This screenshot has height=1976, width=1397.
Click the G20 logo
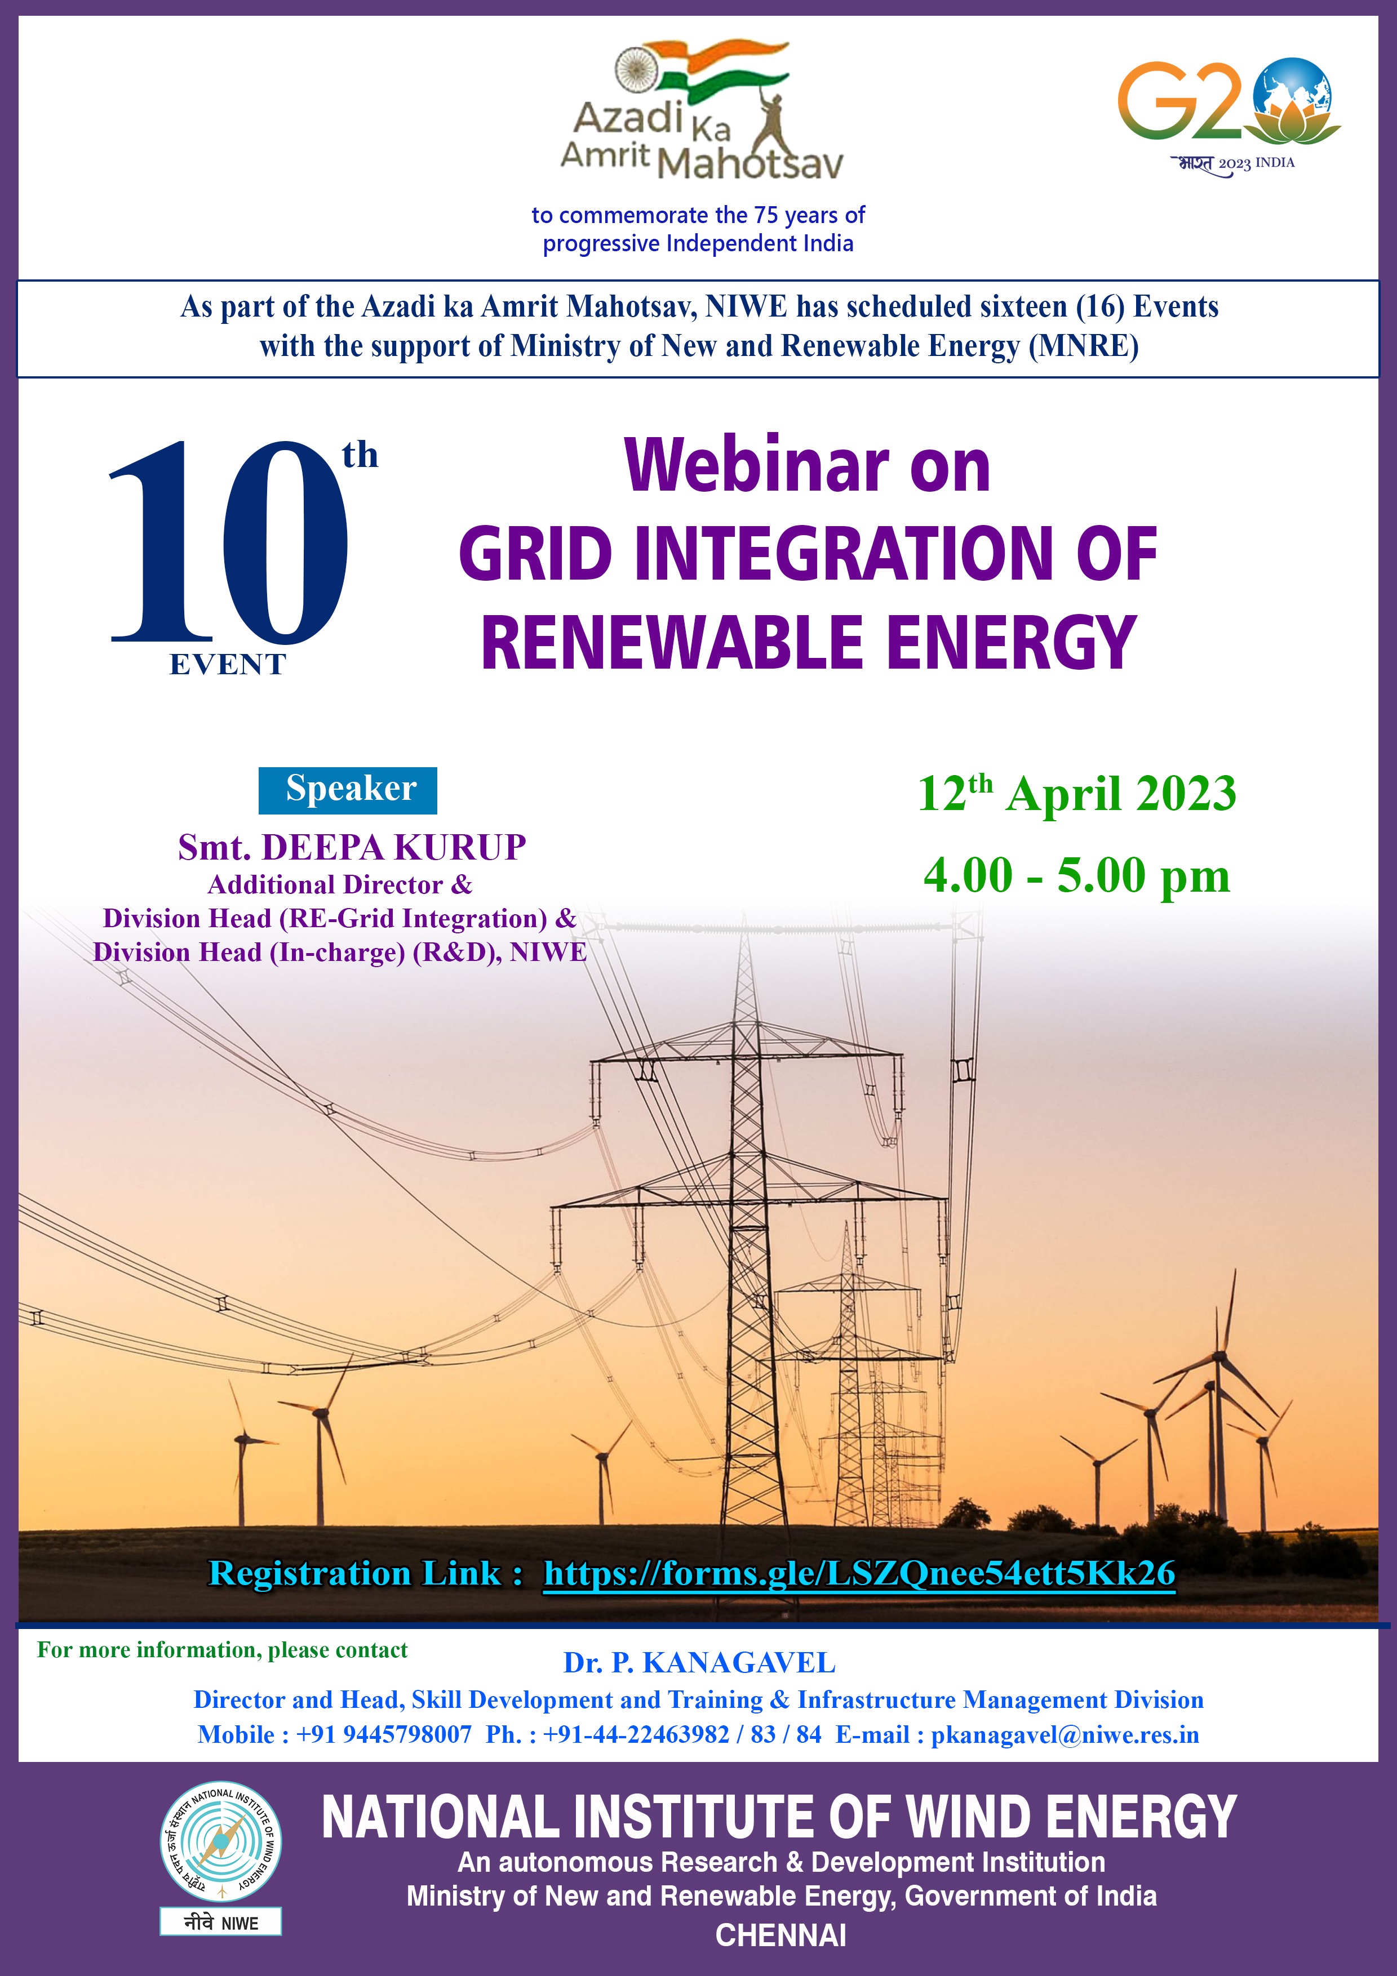[1229, 116]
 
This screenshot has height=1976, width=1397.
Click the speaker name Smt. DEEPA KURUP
[352, 847]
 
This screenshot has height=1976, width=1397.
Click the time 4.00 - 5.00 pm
[1077, 875]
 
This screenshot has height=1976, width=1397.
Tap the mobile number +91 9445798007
[384, 1734]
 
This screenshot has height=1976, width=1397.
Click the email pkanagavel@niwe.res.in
[1065, 1734]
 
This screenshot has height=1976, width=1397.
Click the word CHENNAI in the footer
[780, 1935]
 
